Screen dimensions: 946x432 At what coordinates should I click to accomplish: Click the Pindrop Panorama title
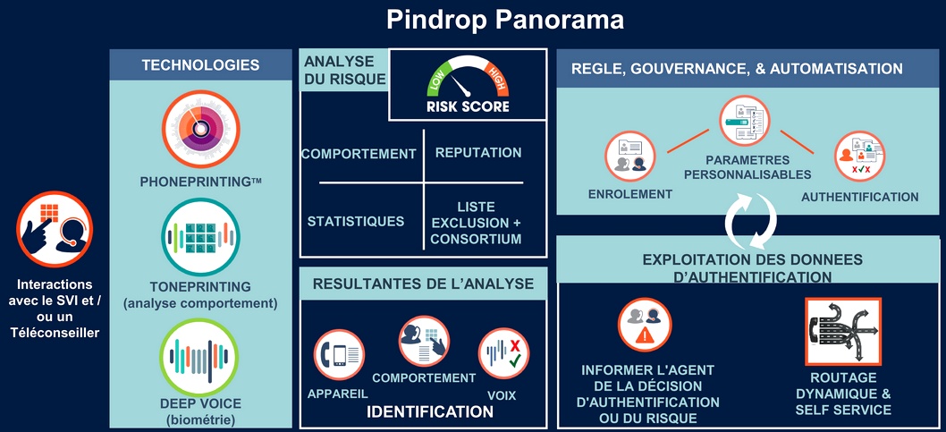505,20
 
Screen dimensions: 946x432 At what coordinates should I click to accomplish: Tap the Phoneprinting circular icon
201,129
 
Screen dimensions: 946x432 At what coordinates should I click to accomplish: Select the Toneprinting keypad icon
201,237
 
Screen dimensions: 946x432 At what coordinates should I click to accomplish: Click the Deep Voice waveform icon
199,357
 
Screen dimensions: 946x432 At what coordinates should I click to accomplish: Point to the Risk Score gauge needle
461,88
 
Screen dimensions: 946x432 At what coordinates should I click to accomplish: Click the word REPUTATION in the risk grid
478,153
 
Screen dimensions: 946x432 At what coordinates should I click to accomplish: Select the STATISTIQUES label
356,221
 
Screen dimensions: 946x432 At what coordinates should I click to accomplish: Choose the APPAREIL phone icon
339,355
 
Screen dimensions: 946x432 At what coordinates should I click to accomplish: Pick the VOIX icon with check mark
503,353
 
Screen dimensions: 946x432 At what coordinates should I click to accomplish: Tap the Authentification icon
860,157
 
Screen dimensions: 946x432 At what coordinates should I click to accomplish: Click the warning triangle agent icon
645,325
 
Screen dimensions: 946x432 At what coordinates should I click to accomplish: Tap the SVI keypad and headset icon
55,229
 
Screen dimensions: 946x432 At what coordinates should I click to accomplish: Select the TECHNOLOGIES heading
201,65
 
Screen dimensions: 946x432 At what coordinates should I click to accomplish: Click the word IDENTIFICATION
430,412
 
